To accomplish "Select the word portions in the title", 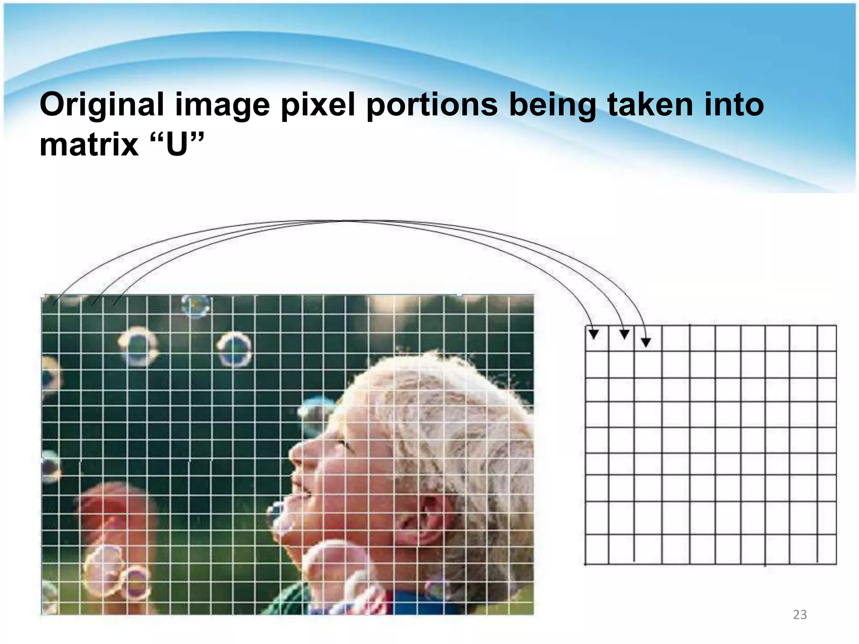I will point(432,105).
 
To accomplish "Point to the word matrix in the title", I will point(89,145).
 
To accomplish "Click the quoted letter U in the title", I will point(177,145).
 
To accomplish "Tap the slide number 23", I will point(799,615).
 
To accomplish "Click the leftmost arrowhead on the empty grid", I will point(593,334).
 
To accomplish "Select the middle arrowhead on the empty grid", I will point(624,334).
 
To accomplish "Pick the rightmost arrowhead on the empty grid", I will point(646,342).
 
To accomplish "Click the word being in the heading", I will point(552,105).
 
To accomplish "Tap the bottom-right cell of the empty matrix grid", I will point(826,549).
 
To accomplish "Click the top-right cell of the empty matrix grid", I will point(826,339).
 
